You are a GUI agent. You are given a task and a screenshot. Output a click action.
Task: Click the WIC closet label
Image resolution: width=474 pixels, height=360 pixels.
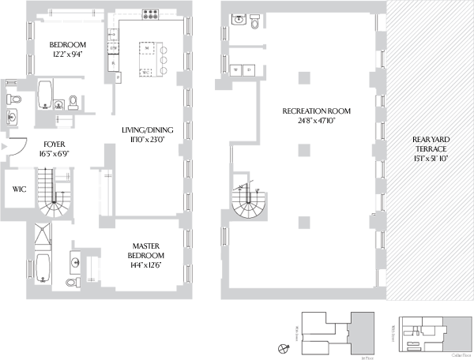pyautogui.click(x=20, y=189)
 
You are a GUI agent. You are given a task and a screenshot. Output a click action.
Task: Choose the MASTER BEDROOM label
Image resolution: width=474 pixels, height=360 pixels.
pyautogui.click(x=147, y=251)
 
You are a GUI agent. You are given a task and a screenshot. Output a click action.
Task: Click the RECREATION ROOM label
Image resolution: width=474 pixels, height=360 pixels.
pyautogui.click(x=316, y=111)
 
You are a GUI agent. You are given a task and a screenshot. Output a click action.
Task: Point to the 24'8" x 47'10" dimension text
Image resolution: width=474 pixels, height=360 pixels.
pyautogui.click(x=316, y=121)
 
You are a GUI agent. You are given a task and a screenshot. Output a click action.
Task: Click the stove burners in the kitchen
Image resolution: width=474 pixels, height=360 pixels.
pyautogui.click(x=150, y=13)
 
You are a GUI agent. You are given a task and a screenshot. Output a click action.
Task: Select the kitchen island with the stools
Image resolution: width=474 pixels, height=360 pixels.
pyautogui.click(x=148, y=60)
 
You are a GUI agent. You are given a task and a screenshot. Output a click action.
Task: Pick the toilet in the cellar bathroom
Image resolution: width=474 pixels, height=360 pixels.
pyautogui.click(x=254, y=24)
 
